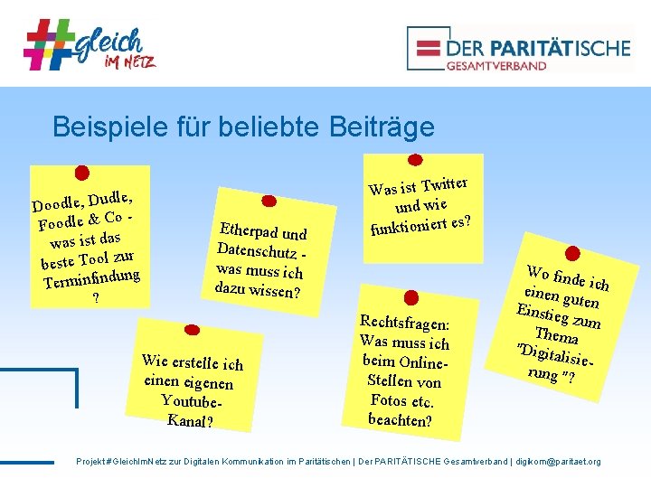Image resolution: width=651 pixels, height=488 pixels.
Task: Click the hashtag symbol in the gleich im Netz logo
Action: point(50,44)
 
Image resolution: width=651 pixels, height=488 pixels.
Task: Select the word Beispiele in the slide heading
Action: point(108,127)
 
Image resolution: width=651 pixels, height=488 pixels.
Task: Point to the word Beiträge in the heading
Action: point(379,127)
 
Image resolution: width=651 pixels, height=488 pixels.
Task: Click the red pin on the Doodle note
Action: point(81,172)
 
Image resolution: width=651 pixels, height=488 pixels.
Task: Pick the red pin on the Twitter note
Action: point(416,161)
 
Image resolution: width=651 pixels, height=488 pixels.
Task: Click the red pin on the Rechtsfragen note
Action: point(410,296)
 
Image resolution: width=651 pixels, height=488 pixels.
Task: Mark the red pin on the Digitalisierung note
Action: point(571,253)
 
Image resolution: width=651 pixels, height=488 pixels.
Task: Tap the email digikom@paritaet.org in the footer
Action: point(557,461)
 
